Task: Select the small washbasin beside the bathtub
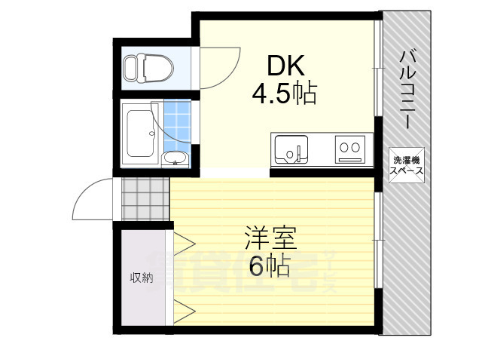point(175,159)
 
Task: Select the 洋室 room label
point(270,240)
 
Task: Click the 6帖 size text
point(269,266)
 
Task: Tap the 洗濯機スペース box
point(407,165)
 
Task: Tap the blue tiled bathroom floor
point(175,124)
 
